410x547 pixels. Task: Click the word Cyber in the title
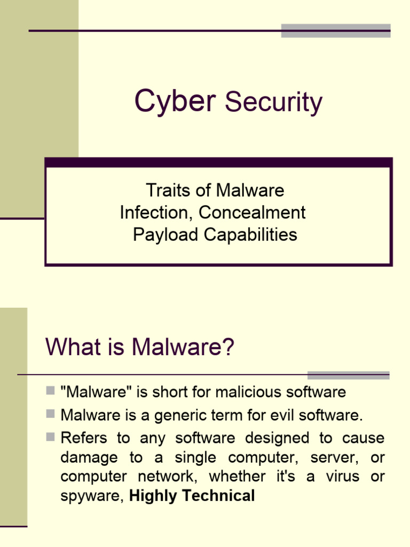174,101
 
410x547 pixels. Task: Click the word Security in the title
273,102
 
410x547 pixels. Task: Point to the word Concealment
252,213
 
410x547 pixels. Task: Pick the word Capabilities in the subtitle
248,235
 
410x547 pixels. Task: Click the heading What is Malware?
140,347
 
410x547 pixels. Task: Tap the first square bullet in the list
51,391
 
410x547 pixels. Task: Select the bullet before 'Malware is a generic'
51,413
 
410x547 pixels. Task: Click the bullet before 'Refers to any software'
51,437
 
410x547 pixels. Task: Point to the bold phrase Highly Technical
192,496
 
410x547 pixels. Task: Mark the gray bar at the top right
335,30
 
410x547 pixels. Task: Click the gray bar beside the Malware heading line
348,375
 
